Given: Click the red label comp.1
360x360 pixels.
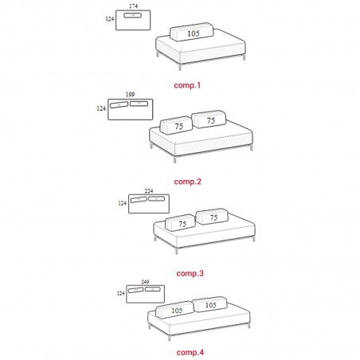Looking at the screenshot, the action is pyautogui.click(x=187, y=85).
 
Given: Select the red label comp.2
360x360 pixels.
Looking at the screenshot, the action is pyautogui.click(x=188, y=182).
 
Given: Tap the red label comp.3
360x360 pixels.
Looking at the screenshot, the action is pyautogui.click(x=190, y=273).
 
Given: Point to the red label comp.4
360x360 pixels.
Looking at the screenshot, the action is pyautogui.click(x=190, y=352).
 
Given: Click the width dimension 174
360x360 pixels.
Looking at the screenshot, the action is pyautogui.click(x=133, y=6).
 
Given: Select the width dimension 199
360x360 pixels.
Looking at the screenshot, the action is pyautogui.click(x=130, y=94).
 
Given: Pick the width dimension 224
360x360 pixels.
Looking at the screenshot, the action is pyautogui.click(x=149, y=190).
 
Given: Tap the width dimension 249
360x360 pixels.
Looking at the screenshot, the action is pyautogui.click(x=145, y=282).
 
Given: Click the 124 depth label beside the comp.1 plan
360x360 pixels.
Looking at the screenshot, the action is pyautogui.click(x=110, y=19).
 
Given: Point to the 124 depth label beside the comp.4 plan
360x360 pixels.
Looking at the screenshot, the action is pyautogui.click(x=121, y=293).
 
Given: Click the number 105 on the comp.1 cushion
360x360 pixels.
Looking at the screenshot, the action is pyautogui.click(x=194, y=33).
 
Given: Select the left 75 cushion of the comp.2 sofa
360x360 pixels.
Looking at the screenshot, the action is pyautogui.click(x=176, y=125).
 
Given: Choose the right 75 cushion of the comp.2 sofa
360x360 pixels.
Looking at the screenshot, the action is pyautogui.click(x=209, y=119).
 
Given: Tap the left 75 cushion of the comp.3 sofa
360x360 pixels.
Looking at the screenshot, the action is pyautogui.click(x=180, y=222).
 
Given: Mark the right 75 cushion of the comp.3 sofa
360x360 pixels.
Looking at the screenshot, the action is pyautogui.click(x=212, y=217).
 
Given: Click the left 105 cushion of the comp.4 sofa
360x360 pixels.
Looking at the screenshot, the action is pyautogui.click(x=174, y=310).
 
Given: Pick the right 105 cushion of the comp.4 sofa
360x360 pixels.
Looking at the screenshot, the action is pyautogui.click(x=209, y=304).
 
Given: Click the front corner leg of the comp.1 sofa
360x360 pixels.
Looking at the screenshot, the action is pyautogui.click(x=180, y=67).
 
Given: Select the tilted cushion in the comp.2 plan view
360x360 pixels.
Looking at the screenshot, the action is pyautogui.click(x=119, y=105).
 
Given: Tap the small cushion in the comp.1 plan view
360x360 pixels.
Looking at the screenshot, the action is pyautogui.click(x=133, y=15).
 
